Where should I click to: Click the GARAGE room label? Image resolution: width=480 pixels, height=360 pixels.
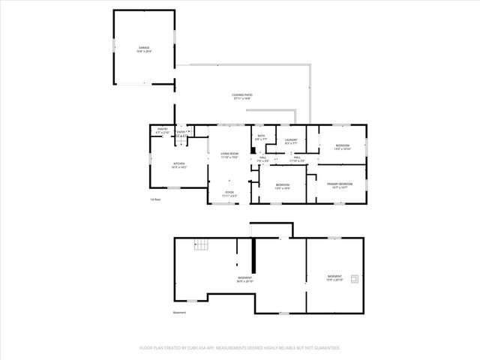click(x=144, y=49)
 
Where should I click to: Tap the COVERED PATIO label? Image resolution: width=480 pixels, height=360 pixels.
click(x=241, y=96)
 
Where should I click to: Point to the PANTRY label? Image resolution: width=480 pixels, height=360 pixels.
click(x=162, y=130)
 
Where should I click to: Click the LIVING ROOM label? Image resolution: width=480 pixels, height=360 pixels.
click(x=229, y=155)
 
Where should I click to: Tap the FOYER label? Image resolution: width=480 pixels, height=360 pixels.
click(x=229, y=193)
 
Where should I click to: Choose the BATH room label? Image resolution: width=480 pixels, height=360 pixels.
click(x=260, y=137)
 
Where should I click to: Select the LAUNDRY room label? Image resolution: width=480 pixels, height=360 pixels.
click(x=291, y=141)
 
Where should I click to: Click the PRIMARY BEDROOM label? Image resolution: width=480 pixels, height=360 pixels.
click(x=340, y=185)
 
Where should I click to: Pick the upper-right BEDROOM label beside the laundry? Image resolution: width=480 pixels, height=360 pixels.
click(x=342, y=147)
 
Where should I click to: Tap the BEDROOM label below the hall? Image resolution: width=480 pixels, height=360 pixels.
click(x=283, y=186)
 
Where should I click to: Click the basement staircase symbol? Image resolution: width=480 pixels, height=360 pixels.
click(x=201, y=245)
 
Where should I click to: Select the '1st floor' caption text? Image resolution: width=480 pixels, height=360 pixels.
click(x=155, y=199)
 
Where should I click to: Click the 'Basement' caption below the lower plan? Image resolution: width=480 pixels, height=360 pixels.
click(x=179, y=313)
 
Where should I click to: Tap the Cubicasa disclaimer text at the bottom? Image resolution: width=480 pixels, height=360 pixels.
click(x=240, y=348)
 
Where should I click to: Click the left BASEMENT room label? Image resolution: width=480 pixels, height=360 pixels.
click(x=244, y=280)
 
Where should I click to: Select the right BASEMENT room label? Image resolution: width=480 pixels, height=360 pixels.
click(x=334, y=277)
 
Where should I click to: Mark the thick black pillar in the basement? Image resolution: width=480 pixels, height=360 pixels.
click(x=253, y=256)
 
